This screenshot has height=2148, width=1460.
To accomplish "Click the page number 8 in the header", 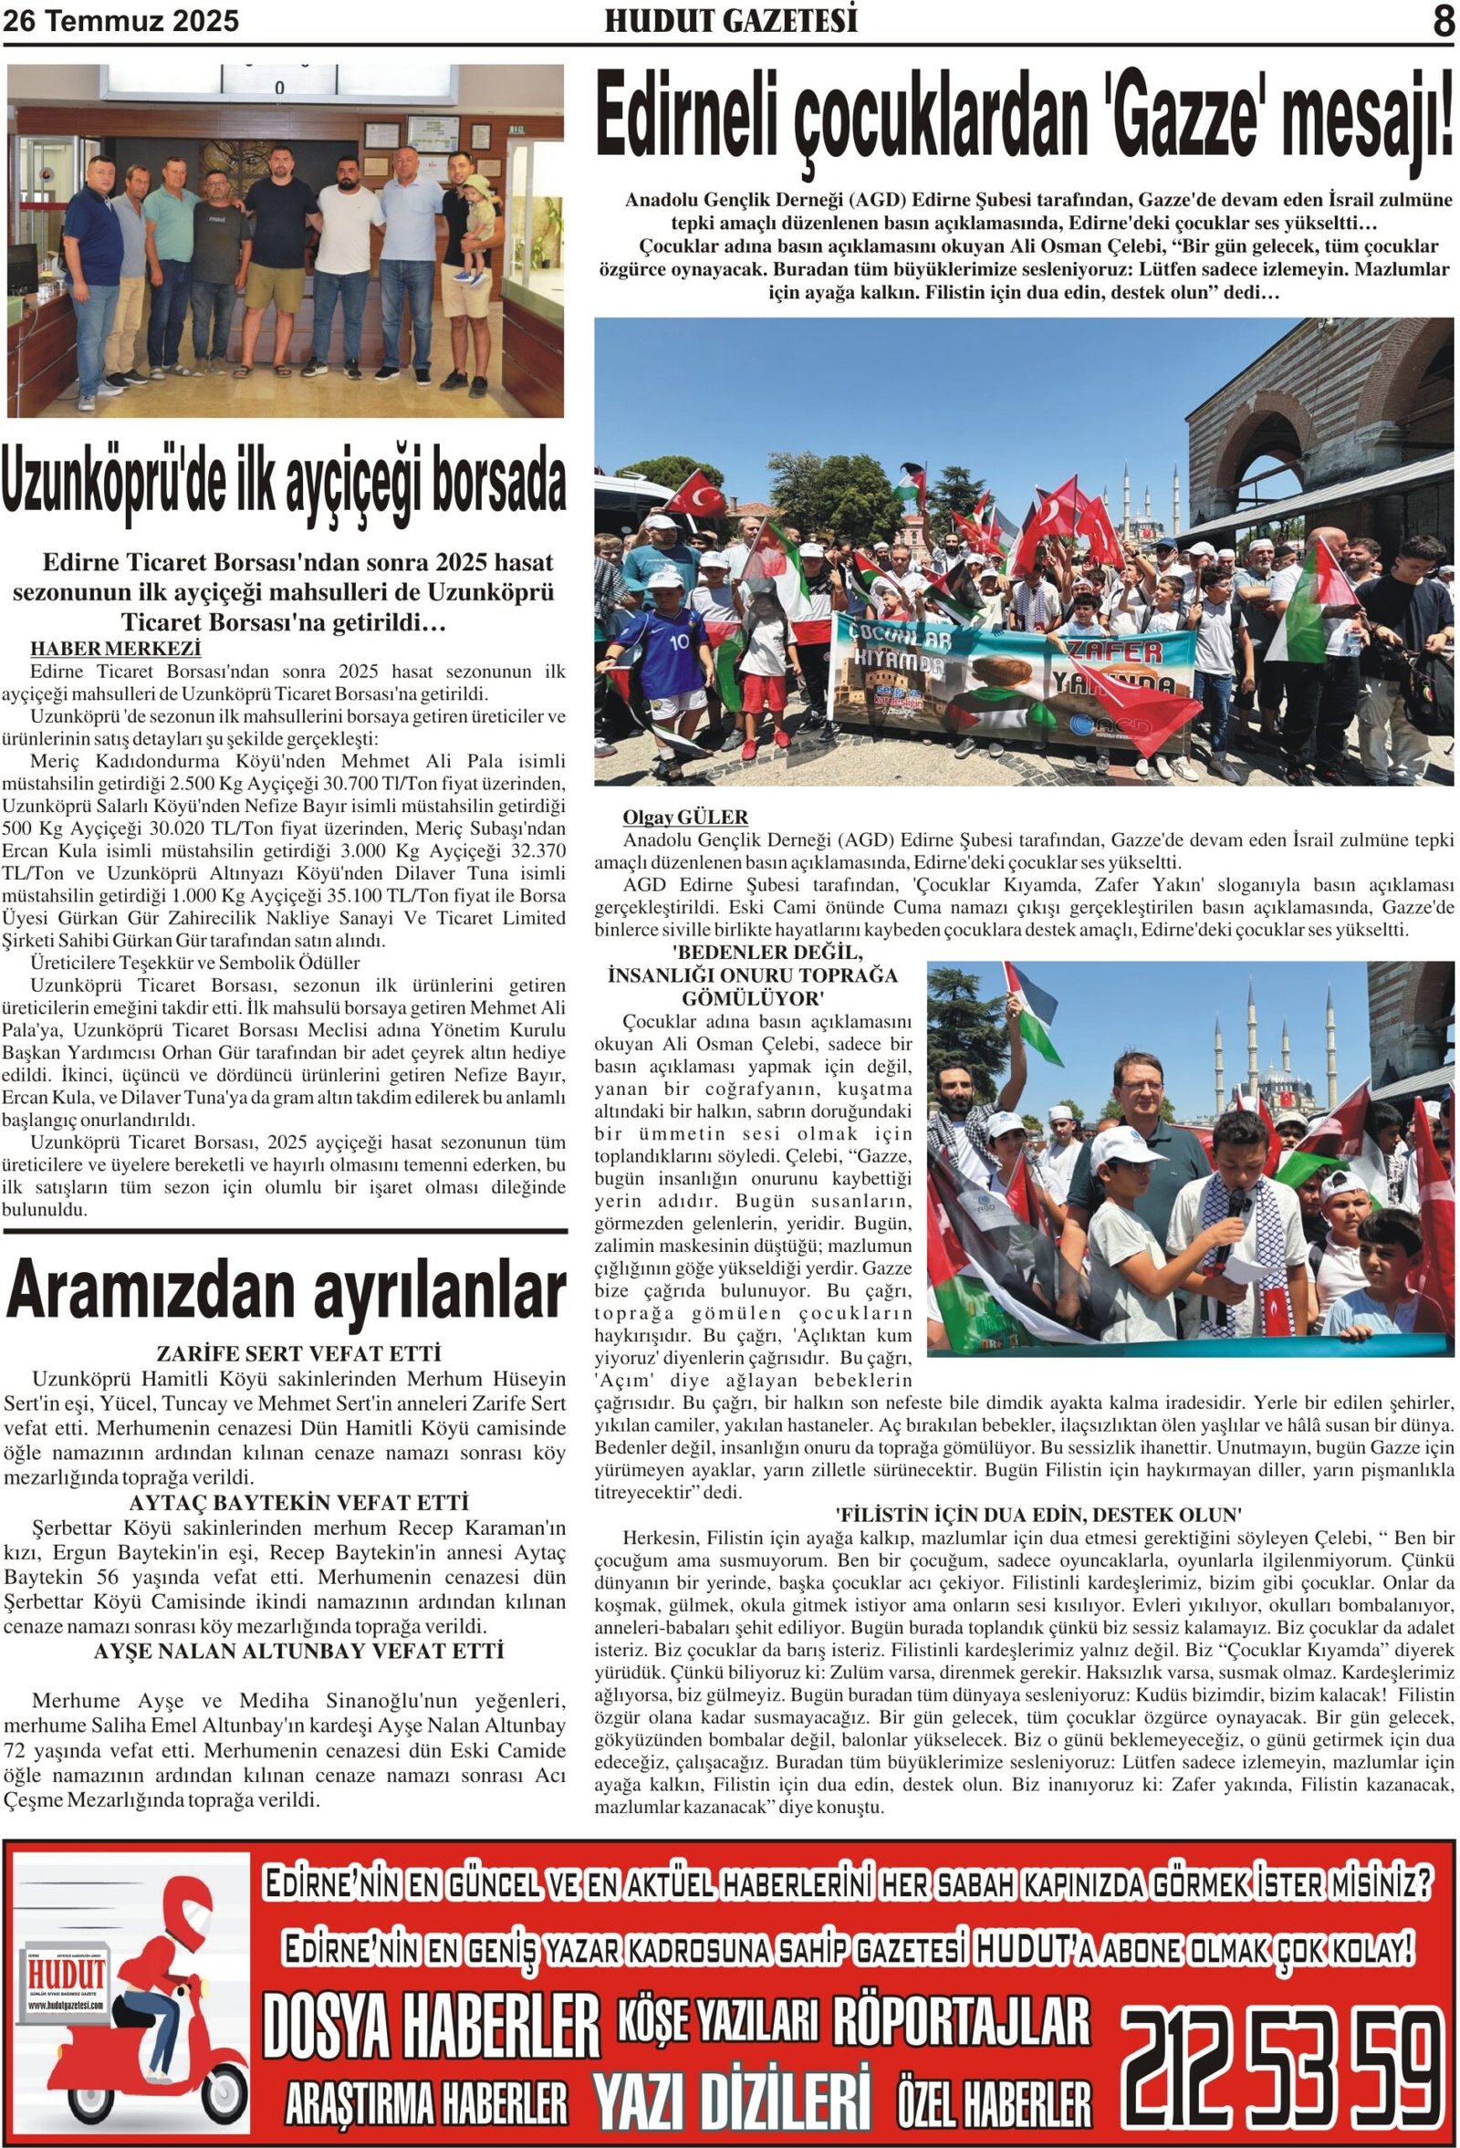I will tap(1443, 21).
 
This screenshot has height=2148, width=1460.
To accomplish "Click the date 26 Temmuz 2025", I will tap(121, 21).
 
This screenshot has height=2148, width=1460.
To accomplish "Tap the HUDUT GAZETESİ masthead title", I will tap(731, 21).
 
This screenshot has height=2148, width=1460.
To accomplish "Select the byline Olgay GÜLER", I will tap(684, 817).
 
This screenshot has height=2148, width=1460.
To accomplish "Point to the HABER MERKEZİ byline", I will tap(116, 648).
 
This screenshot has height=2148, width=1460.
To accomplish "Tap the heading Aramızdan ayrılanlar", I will tap(286, 1291).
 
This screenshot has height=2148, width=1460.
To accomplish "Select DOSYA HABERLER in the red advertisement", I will tap(431, 2025).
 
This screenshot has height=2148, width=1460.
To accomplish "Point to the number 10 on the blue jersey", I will tap(679, 641).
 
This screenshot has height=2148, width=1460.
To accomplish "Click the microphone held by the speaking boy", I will tap(1235, 1210).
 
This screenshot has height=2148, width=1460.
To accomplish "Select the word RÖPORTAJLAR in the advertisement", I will tap(961, 2020).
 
